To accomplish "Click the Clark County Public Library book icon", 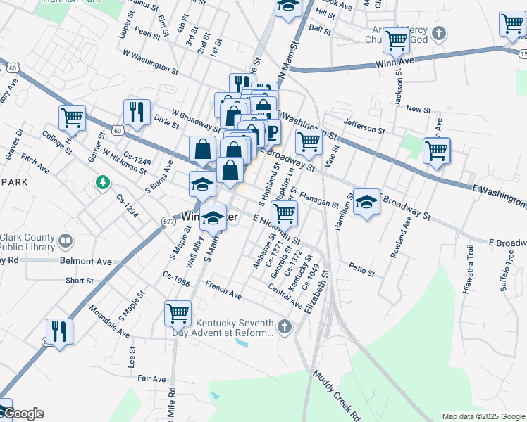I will tap(66, 241).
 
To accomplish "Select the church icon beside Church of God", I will tap(439, 33).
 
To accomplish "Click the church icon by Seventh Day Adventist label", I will tap(284, 327).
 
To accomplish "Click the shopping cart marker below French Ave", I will tap(178, 312).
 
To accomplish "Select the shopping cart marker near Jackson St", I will tap(397, 39).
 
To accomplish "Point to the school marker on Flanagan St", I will tap(366, 202).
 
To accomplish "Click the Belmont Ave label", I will tap(86, 261).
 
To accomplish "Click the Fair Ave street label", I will tap(151, 378).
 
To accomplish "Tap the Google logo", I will tap(23, 414).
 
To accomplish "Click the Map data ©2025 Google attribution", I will tap(483, 416).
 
